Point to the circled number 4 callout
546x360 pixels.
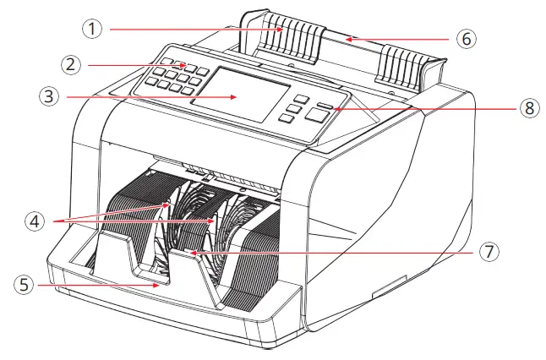(x=34, y=221)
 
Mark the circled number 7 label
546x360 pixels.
(x=491, y=251)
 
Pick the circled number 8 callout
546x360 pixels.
(x=530, y=108)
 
